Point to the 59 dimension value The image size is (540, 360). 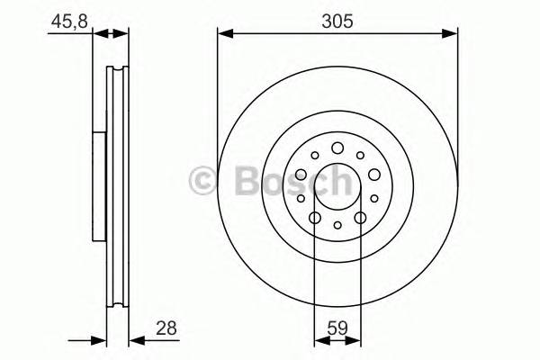(337, 330)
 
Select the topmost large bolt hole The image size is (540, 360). (337, 148)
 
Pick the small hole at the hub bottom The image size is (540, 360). (337, 227)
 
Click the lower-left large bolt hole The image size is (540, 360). (315, 218)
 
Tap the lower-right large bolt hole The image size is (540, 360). (360, 218)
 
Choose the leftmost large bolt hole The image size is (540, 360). (301, 175)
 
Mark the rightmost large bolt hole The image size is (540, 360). (374, 175)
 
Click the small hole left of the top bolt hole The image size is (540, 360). (314, 156)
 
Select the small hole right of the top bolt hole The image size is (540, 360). (361, 156)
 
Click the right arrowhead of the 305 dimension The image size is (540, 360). (452, 34)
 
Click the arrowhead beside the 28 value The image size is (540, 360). (135, 341)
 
